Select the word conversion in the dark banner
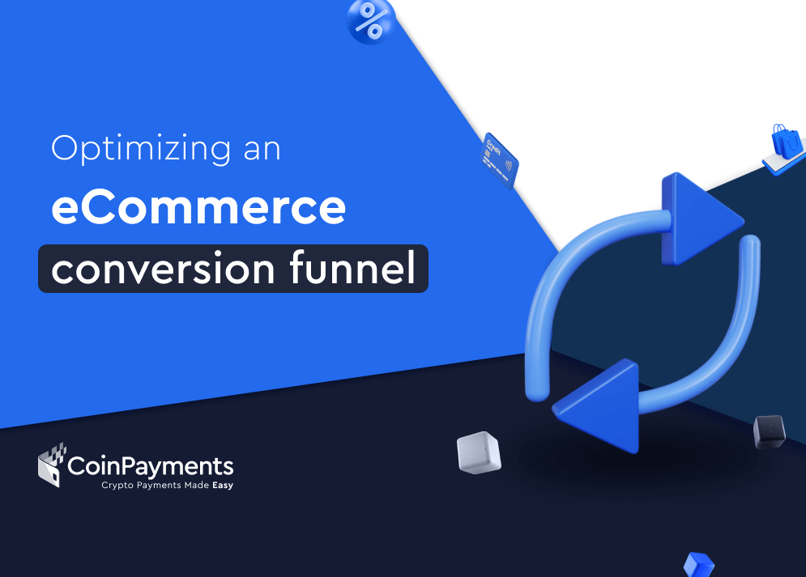point(164,269)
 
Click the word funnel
point(352,267)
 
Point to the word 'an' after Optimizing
point(262,150)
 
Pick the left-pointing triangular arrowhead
point(601,405)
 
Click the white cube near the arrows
point(479,452)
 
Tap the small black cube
point(770,431)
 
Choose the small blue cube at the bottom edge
point(699,565)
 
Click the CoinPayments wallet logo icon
point(52,465)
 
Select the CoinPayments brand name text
point(151,467)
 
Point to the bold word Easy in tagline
point(223,485)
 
